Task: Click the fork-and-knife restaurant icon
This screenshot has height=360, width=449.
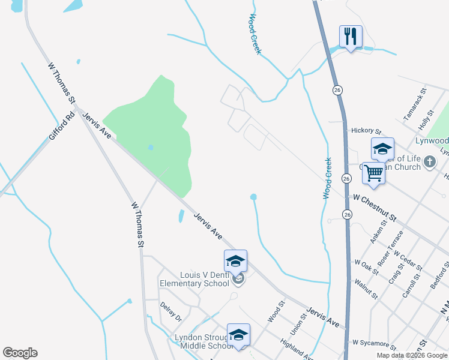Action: coord(350,37)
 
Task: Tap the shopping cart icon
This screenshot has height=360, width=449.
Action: coord(374,173)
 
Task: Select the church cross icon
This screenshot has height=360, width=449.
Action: coord(429,161)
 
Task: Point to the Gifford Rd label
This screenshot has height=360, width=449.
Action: coord(62,124)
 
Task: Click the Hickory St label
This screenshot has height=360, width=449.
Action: coord(366,131)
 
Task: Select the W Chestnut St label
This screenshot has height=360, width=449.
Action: coord(375,199)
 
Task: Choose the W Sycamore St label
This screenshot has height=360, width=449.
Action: coord(374,345)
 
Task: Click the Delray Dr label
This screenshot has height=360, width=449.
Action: coord(170,311)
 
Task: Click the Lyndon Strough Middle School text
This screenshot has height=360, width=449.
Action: coord(203,341)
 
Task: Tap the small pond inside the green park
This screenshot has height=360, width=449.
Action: coord(150,147)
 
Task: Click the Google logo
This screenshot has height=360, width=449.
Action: coord(20,353)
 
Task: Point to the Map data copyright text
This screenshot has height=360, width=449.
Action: coord(412,355)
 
